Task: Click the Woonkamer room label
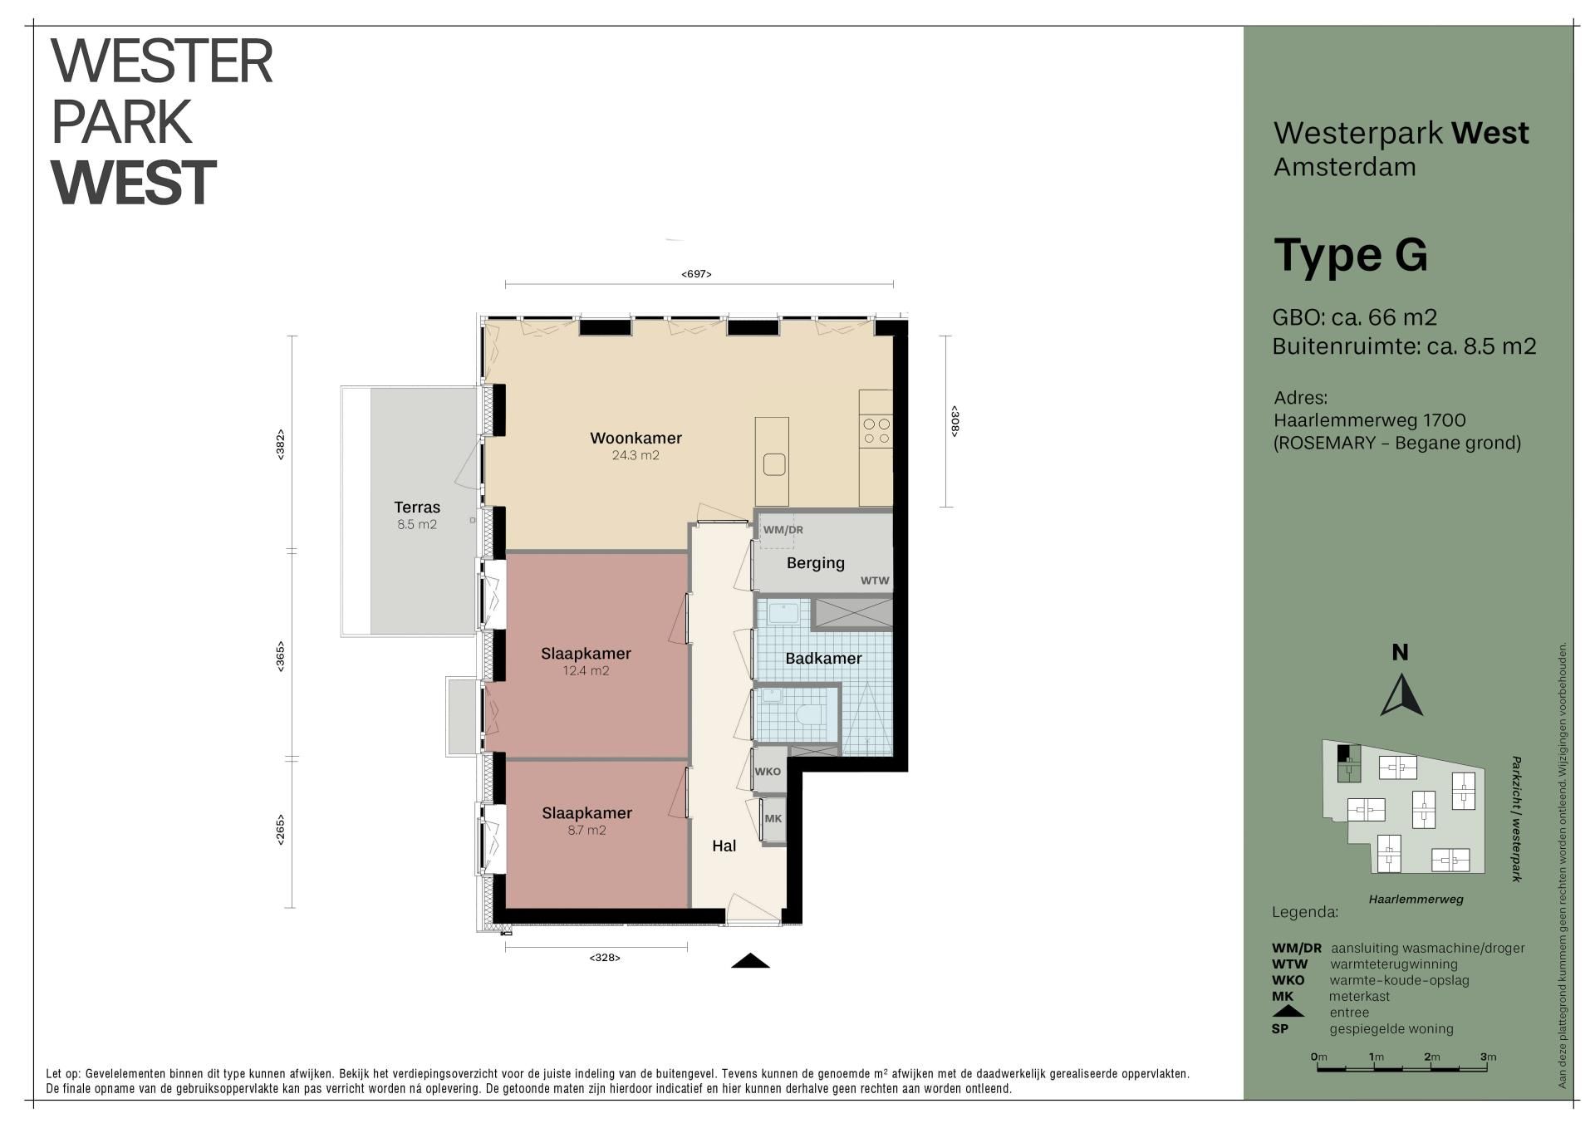pyautogui.click(x=636, y=438)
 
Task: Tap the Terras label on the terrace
pyautogui.click(x=417, y=508)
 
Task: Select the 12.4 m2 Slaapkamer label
pyautogui.click(x=586, y=654)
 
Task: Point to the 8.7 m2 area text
pyautogui.click(x=586, y=830)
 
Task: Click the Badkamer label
pyautogui.click(x=823, y=659)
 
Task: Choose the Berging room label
pyautogui.click(x=816, y=563)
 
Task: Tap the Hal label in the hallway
pyautogui.click(x=724, y=846)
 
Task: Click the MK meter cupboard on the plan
pyautogui.click(x=773, y=819)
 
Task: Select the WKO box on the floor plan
pyautogui.click(x=768, y=772)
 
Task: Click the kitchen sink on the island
pyautogui.click(x=774, y=464)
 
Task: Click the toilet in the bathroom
pyautogui.click(x=808, y=714)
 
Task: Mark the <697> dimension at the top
pyautogui.click(x=696, y=274)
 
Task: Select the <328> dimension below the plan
pyautogui.click(x=605, y=958)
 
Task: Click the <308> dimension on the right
pyautogui.click(x=955, y=421)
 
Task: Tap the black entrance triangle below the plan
pyautogui.click(x=750, y=961)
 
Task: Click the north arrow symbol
pyautogui.click(x=1401, y=695)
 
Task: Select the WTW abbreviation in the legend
pyautogui.click(x=1289, y=964)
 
